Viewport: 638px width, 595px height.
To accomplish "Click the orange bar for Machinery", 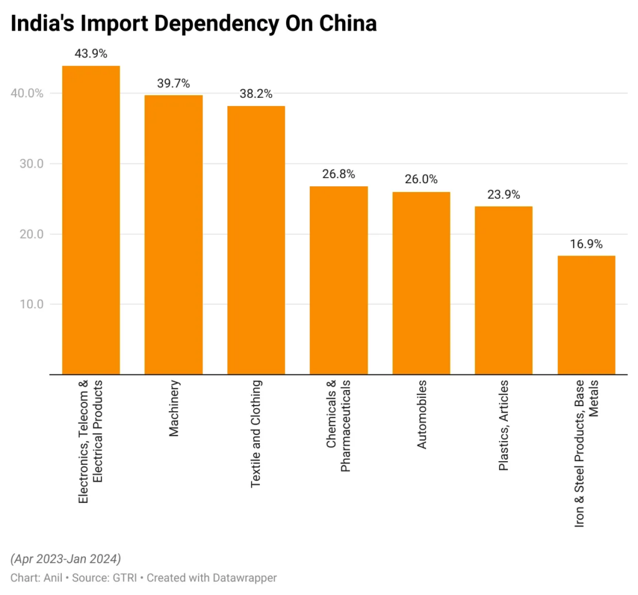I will tap(173, 234).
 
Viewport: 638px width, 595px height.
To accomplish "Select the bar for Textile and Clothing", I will tap(256, 240).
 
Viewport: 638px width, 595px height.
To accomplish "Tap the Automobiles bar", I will tap(421, 283).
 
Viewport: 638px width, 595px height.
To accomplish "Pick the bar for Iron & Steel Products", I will tap(586, 315).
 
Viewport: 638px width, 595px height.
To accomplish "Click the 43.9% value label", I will tap(91, 54).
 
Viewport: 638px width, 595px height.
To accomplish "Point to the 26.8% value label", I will tap(338, 174).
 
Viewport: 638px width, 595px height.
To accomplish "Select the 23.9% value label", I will tap(503, 194).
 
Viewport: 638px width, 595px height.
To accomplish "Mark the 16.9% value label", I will tap(586, 244).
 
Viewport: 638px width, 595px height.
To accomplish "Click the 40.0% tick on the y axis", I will tap(27, 93).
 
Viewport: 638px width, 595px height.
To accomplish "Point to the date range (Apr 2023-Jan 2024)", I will tap(65, 558).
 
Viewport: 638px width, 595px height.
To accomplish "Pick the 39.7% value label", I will tap(173, 83).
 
